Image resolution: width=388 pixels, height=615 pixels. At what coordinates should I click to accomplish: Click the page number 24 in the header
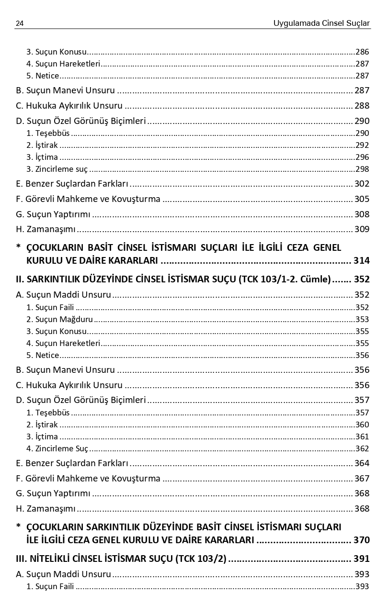click(x=20, y=23)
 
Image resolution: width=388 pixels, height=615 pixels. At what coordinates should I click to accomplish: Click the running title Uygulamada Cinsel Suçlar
click(x=321, y=23)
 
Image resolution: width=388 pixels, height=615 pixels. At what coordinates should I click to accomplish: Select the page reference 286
click(x=362, y=52)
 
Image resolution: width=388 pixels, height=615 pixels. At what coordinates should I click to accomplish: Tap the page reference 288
click(x=362, y=106)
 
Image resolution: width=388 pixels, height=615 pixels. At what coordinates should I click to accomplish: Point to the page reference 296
click(x=362, y=157)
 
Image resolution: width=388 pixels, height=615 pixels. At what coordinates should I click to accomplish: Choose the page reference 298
click(x=362, y=169)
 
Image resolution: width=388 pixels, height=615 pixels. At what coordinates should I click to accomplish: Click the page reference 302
click(x=362, y=184)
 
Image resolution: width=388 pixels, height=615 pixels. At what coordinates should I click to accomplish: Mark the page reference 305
click(x=362, y=199)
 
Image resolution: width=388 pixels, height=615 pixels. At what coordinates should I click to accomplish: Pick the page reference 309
click(x=362, y=229)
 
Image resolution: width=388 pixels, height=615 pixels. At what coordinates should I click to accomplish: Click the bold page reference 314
click(x=361, y=261)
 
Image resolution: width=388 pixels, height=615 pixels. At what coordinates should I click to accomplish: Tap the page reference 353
click(x=362, y=319)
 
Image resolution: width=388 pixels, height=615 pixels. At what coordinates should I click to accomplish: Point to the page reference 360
click(x=362, y=425)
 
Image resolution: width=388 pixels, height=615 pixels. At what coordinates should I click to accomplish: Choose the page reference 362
click(x=362, y=448)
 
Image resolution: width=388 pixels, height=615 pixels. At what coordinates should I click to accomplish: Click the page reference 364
click(x=362, y=463)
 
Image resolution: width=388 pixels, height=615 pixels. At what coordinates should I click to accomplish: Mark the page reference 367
click(x=362, y=479)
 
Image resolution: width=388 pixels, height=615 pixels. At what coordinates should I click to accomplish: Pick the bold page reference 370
click(x=361, y=540)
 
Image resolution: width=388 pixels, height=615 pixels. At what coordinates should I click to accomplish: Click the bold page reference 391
click(x=361, y=559)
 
